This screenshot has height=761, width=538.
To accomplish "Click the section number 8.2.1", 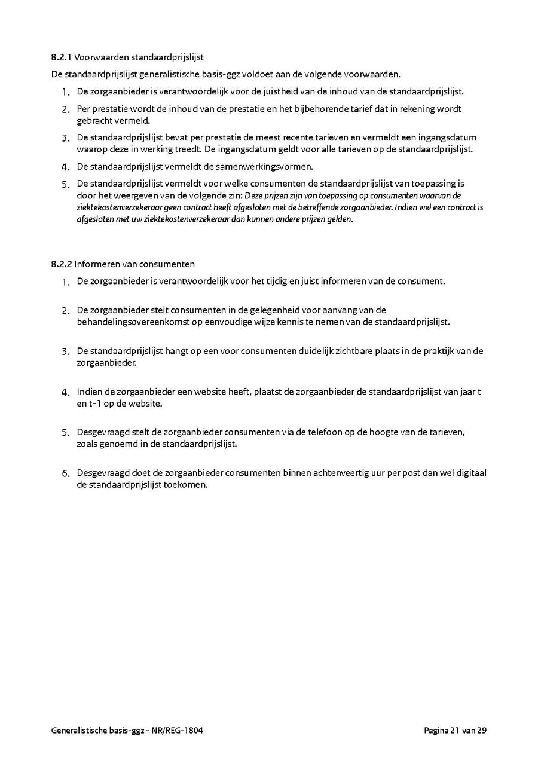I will click(x=61, y=57).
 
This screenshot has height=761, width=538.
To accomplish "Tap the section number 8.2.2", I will click(x=61, y=264).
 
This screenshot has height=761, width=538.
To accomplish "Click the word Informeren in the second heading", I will click(x=96, y=264).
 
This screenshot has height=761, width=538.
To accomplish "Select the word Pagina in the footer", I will click(x=436, y=730).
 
